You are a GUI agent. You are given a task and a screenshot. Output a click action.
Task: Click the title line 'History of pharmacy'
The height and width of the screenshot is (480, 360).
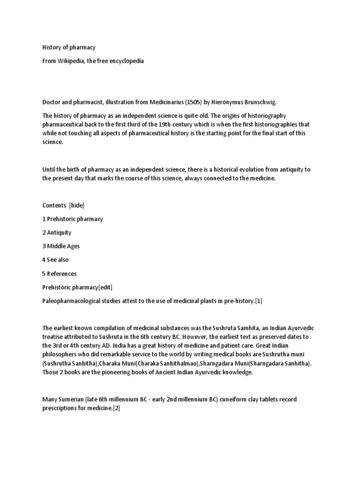pos(69,48)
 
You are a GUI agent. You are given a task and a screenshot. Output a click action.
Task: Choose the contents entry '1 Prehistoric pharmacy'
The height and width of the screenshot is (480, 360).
pos(73,219)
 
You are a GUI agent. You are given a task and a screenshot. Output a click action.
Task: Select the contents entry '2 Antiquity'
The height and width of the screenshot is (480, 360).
pos(57,232)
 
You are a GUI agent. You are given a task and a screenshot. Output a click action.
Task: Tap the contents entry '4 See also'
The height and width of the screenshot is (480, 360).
pos(56,260)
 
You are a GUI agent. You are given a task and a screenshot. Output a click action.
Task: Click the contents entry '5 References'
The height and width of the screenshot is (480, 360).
pos(60,273)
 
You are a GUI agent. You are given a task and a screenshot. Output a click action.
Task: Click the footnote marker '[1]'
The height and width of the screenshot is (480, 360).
pos(258,301)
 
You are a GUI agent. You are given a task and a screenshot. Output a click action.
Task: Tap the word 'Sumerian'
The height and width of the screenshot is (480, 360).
pos(72,399)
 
